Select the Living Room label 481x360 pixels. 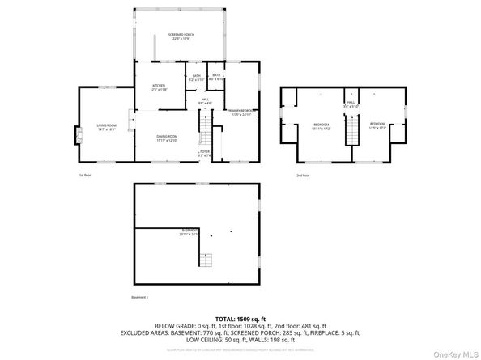107,127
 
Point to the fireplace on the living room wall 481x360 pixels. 79,136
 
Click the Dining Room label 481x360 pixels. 167,138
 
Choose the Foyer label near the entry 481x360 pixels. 205,152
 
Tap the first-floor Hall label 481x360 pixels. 206,101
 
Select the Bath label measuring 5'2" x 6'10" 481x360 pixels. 197,78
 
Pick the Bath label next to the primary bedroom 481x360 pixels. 216,77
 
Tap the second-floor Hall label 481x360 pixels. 351,104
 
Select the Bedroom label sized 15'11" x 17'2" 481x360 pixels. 321,127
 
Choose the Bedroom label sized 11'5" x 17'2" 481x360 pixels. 377,127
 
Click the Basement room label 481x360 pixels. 189,233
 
